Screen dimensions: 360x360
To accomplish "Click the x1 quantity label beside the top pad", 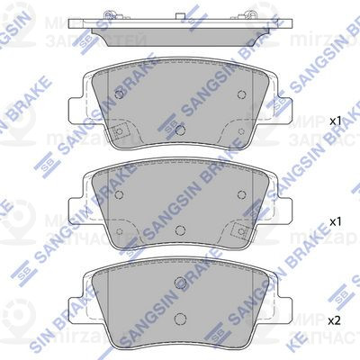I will tap(336, 119).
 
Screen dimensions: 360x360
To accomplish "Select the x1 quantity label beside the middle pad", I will tap(336, 220).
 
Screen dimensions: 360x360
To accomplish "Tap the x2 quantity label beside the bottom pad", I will tap(336, 319).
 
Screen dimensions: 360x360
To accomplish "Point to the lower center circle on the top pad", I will tap(181, 129).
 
